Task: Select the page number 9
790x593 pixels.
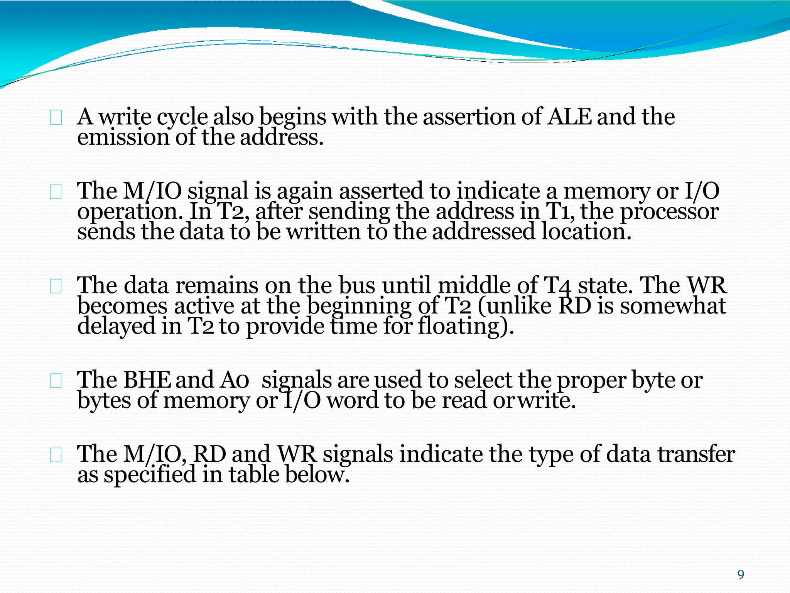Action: pyautogui.click(x=741, y=575)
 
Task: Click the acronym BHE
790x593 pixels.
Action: pyautogui.click(x=147, y=380)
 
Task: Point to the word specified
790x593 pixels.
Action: pyautogui.click(x=150, y=475)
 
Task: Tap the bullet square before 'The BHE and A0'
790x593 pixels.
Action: pyautogui.click(x=56, y=381)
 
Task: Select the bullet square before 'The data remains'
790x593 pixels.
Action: pyautogui.click(x=56, y=286)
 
